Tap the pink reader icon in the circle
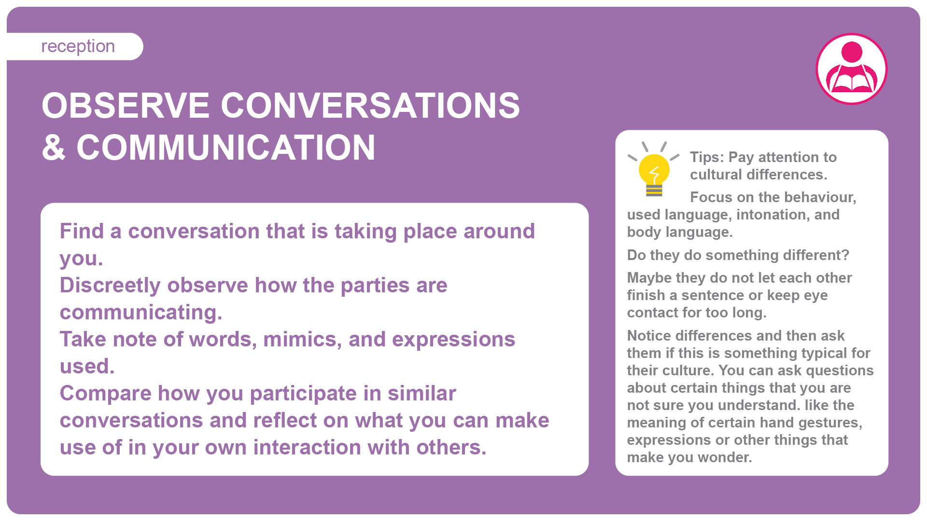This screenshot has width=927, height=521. coord(852,69)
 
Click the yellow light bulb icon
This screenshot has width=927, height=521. coord(654,169)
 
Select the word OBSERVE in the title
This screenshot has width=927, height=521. coord(126,106)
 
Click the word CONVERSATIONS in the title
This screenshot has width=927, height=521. coord(370,106)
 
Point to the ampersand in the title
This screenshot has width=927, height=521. coord(54,147)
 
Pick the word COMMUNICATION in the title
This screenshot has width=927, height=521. coord(225,147)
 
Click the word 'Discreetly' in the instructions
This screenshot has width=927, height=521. coord(110,286)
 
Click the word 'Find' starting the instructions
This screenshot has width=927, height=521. coord(82,231)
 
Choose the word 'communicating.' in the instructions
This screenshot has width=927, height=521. coord(141,313)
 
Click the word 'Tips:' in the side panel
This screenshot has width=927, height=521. coord(707,158)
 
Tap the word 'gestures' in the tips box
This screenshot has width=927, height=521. coord(830,423)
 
